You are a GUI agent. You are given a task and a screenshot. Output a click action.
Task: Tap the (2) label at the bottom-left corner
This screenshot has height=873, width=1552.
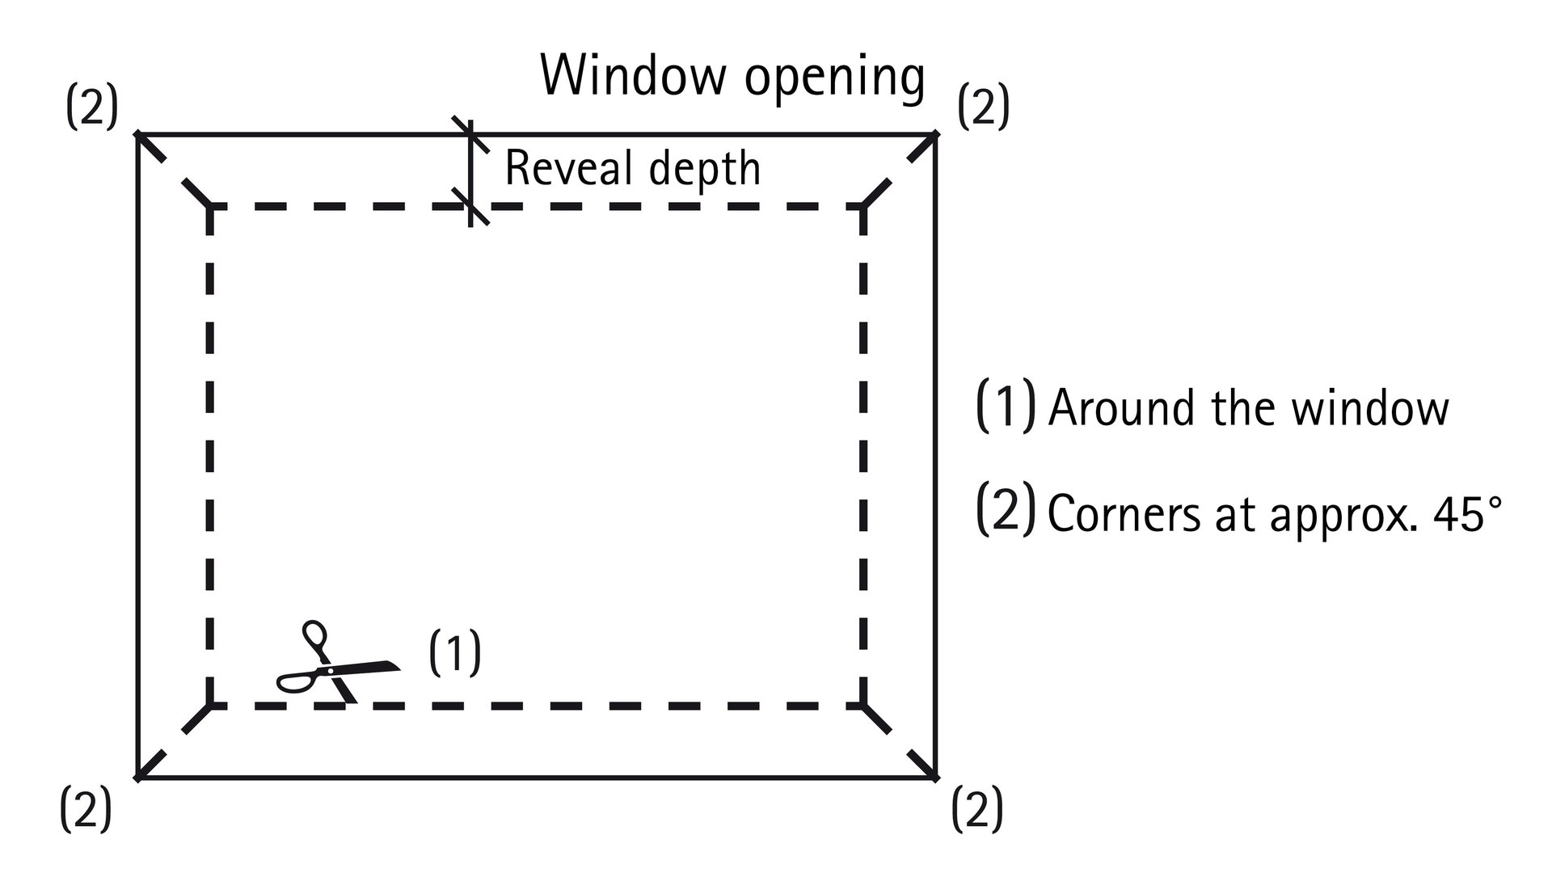click(86, 810)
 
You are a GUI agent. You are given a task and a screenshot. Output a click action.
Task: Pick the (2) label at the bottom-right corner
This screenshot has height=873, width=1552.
click(977, 810)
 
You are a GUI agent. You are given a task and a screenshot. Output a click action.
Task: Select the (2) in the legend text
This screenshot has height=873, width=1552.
click(1006, 509)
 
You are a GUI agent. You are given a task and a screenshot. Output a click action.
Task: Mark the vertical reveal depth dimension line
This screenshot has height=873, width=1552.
click(470, 171)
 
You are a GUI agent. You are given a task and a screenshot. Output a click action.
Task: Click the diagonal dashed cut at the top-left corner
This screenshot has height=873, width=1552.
click(174, 171)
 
